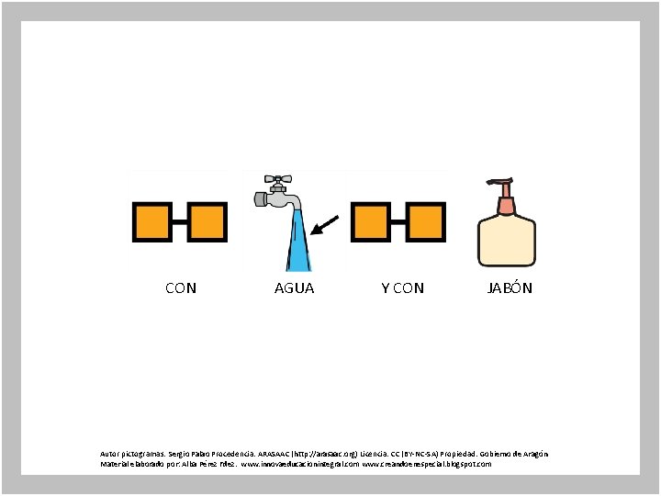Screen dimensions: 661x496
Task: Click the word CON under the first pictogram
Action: pyautogui.click(x=180, y=288)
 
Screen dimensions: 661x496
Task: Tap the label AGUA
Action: pyautogui.click(x=294, y=288)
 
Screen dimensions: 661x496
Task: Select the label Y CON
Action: pyautogui.click(x=402, y=288)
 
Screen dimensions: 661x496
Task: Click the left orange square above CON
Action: pyautogui.click(x=151, y=222)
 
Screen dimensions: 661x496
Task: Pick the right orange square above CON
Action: pyautogui.click(x=207, y=222)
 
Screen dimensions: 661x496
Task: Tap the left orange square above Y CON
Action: pyautogui.click(x=371, y=222)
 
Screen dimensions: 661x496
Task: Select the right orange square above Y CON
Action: pyautogui.click(x=426, y=222)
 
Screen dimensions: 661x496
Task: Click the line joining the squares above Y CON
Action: pyautogui.click(x=398, y=222)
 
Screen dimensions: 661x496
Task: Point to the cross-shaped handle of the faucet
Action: pyautogui.click(x=275, y=180)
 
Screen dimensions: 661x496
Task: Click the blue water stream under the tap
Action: pyautogui.click(x=298, y=244)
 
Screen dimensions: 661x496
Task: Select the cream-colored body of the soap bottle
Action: pyautogui.click(x=505, y=241)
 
